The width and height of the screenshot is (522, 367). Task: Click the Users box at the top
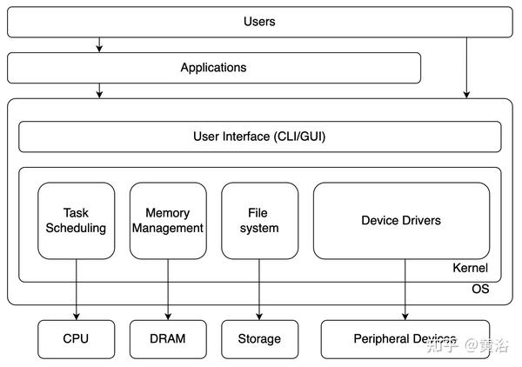pos(259,22)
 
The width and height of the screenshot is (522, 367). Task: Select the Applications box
pos(213,68)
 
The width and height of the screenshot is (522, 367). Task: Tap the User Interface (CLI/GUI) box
pos(259,137)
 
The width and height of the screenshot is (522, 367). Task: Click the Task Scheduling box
pos(77,220)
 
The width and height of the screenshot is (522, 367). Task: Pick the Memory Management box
pos(168,220)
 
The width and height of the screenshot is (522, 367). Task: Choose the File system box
pos(259,220)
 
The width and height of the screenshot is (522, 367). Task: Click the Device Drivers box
pos(401,220)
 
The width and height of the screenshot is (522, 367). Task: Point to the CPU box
pos(77,338)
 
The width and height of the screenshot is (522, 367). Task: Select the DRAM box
pos(168,338)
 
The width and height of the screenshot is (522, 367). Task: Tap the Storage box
pos(259,338)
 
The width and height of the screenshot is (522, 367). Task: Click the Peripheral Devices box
pos(405,338)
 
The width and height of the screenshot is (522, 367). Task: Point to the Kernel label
pos(471,269)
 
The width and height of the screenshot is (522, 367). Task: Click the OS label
pos(480,289)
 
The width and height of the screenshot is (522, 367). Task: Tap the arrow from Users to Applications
pos(100,44)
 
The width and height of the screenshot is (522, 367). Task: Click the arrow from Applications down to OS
pos(100,90)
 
